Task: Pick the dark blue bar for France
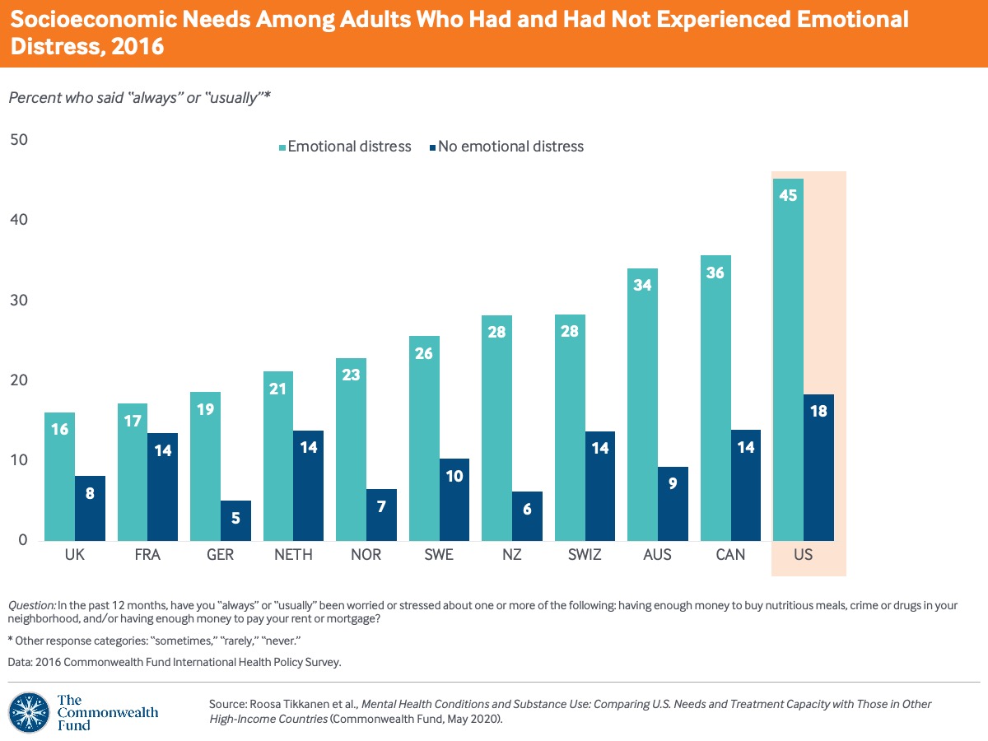click(162, 487)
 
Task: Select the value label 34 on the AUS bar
click(643, 286)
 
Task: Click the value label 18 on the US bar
click(818, 412)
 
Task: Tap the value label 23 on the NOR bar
click(351, 375)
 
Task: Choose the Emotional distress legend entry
click(344, 147)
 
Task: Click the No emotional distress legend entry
click(506, 147)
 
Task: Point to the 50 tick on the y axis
click(18, 140)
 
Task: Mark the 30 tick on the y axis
click(18, 301)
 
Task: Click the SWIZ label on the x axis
click(584, 555)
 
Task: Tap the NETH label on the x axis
click(293, 555)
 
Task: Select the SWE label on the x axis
click(439, 555)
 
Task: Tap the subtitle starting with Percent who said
click(139, 97)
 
